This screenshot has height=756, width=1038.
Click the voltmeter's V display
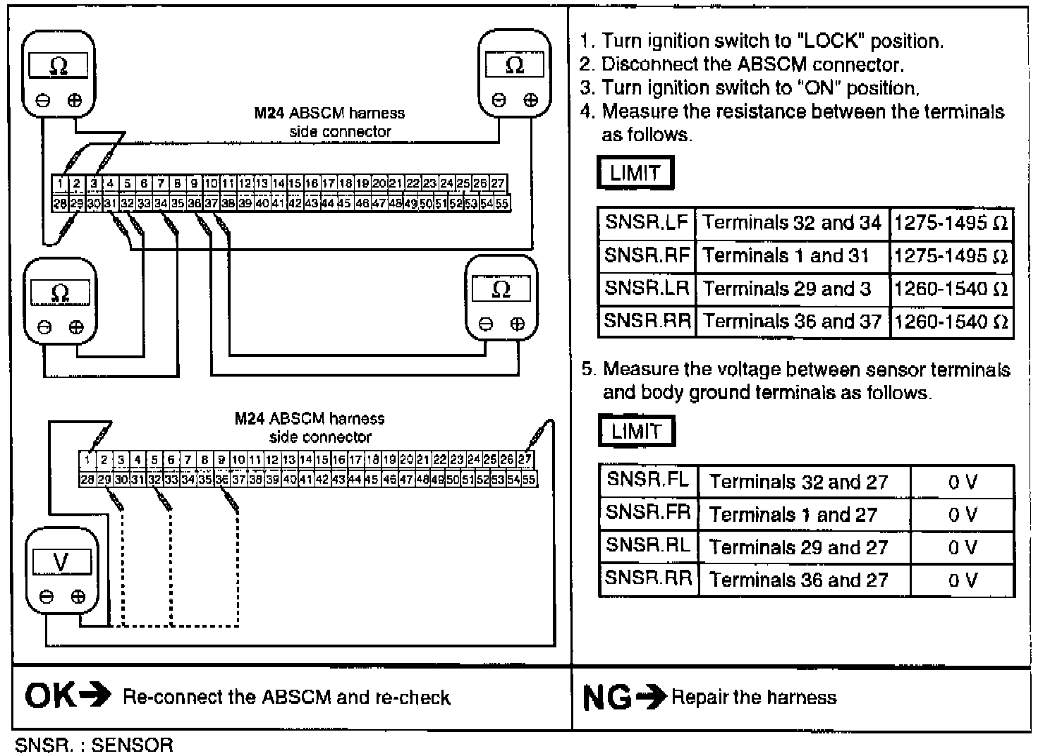point(61,562)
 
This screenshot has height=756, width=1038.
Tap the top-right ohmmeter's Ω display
point(514,66)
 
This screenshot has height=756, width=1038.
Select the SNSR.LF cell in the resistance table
point(647,223)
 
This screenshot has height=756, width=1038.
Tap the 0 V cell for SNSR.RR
point(962,580)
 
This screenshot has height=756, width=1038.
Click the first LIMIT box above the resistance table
point(635,173)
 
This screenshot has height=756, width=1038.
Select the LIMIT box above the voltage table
point(637,431)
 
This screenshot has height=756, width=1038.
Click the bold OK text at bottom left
point(50,697)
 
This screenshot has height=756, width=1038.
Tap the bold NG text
point(607,698)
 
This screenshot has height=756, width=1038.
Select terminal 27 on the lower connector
point(525,459)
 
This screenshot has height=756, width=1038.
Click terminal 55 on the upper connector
point(501,203)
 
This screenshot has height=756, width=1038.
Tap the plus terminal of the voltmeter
point(78,597)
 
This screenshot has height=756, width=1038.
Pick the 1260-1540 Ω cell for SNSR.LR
point(951,289)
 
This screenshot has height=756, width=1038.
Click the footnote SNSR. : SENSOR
point(94,745)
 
